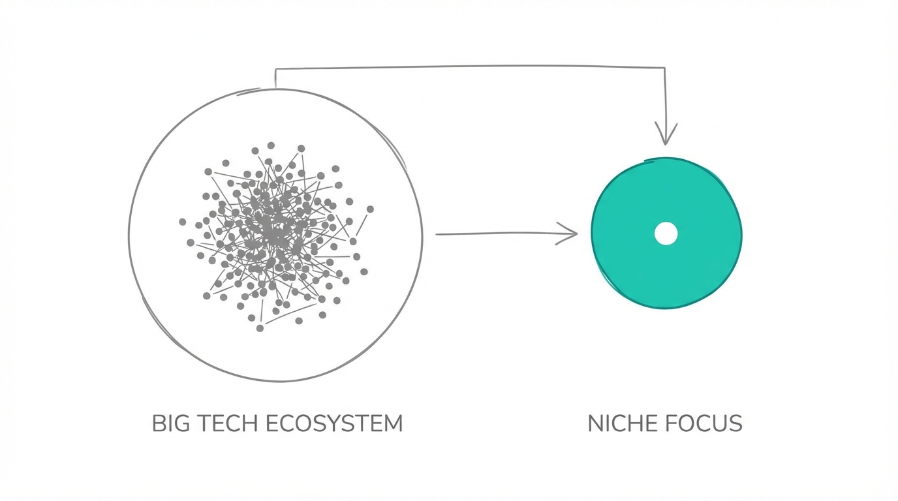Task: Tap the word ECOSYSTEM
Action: point(334,423)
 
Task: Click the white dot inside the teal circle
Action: point(666,234)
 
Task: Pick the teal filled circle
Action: point(667,234)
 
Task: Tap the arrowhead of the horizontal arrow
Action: point(567,234)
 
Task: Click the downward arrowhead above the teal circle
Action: point(666,134)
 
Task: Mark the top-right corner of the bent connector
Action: point(664,68)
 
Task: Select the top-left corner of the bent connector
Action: point(275,69)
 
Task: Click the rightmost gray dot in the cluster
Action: point(370,209)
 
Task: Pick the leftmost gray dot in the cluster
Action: point(183,222)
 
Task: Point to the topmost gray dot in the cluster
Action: point(271,145)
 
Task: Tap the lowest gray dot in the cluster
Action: point(260,328)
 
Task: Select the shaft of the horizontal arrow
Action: point(506,234)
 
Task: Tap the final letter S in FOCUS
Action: point(736,423)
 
